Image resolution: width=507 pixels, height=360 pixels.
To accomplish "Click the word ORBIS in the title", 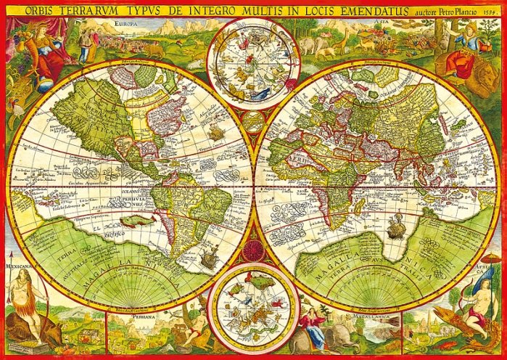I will point(40,11).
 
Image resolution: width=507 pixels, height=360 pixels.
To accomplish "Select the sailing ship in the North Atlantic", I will point(216,133).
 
